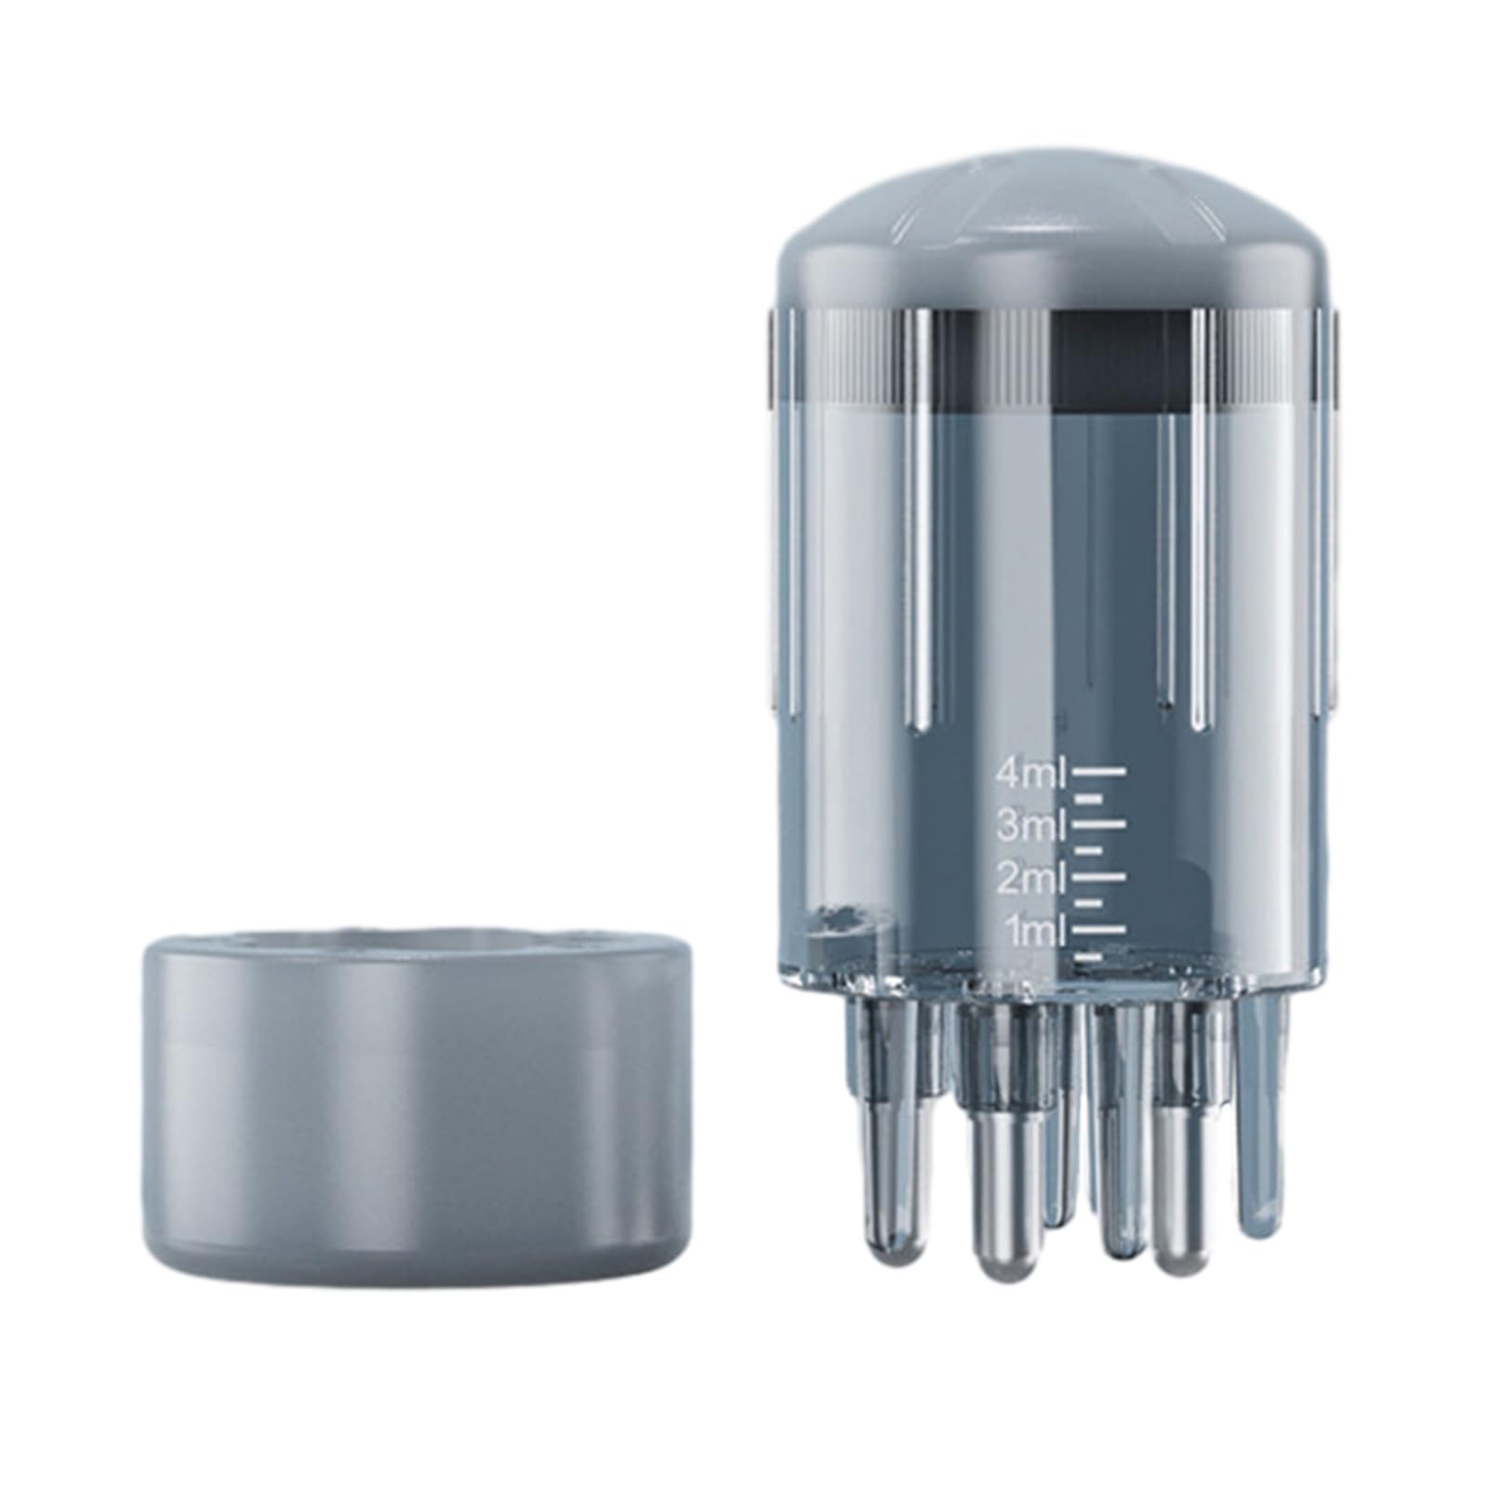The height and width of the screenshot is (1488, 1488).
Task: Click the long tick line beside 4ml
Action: click(x=1099, y=771)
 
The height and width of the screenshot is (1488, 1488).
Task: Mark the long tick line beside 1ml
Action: click(x=1099, y=928)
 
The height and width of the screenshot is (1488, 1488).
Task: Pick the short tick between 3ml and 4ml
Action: click(x=1088, y=798)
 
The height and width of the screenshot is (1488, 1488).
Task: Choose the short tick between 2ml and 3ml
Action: click(x=1088, y=850)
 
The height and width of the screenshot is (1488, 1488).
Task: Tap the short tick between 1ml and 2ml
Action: click(x=1088, y=902)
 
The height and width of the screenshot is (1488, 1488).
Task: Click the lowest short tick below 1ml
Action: click(x=1088, y=955)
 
